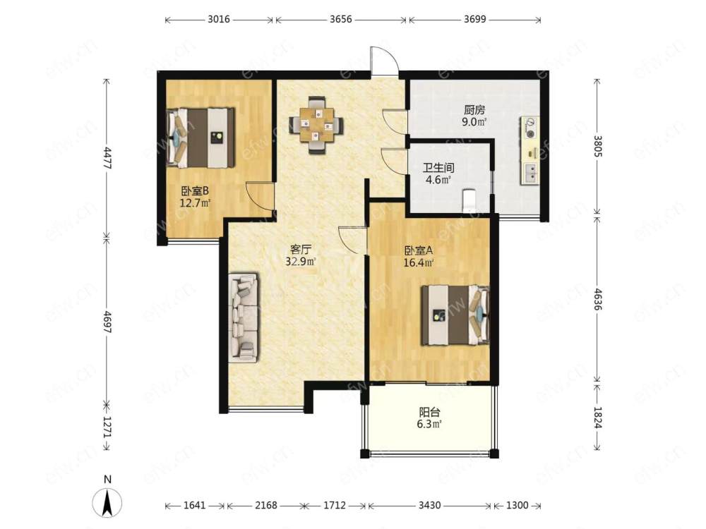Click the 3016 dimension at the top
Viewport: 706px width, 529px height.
click(x=219, y=19)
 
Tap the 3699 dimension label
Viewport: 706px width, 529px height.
click(x=474, y=19)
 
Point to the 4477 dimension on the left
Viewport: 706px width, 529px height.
click(x=107, y=157)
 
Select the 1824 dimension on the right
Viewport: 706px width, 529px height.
click(x=597, y=417)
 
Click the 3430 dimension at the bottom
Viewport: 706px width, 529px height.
click(x=429, y=505)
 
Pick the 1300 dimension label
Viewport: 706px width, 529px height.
click(x=517, y=505)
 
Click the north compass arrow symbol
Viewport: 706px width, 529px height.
click(x=107, y=502)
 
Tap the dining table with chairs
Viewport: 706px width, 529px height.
click(x=316, y=125)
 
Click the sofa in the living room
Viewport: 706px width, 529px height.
click(x=244, y=317)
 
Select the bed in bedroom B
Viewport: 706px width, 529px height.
click(x=201, y=138)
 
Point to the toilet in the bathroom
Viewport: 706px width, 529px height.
click(x=469, y=200)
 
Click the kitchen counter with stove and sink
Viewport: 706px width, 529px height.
click(x=529, y=150)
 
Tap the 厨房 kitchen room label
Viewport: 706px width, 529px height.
click(x=474, y=110)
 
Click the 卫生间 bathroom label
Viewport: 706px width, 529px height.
click(x=438, y=169)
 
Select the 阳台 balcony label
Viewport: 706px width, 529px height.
click(x=429, y=412)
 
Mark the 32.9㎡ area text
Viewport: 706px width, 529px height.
click(x=301, y=262)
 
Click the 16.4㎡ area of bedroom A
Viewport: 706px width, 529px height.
click(x=418, y=262)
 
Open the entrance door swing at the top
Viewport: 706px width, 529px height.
click(x=384, y=60)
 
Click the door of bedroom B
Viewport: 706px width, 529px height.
click(x=260, y=195)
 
